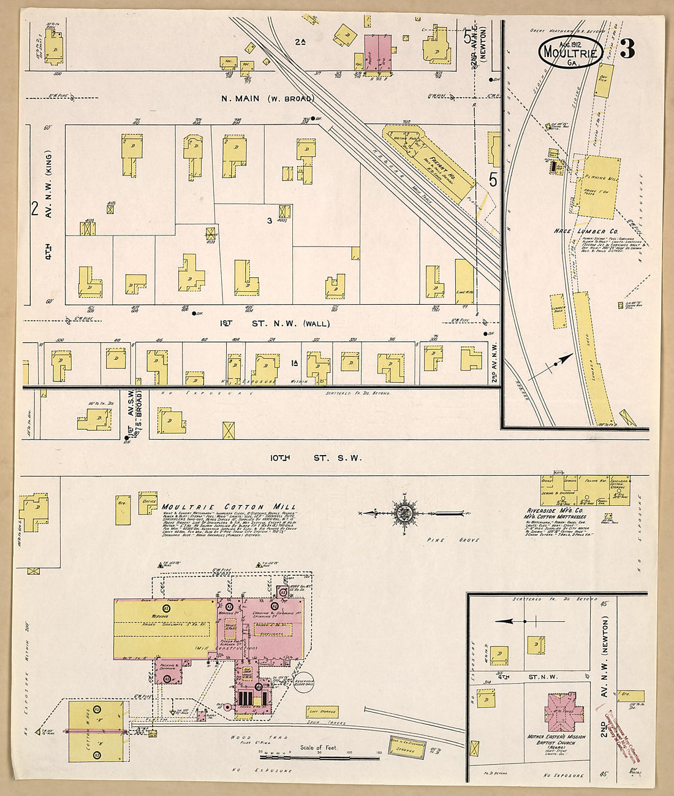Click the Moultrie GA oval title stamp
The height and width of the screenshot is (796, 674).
(570, 53)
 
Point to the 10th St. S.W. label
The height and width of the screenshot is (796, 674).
(316, 457)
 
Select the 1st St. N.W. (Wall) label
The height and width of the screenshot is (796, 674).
(275, 323)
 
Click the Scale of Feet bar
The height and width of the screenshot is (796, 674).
(319, 753)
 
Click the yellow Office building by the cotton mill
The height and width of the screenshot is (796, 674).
(148, 502)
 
